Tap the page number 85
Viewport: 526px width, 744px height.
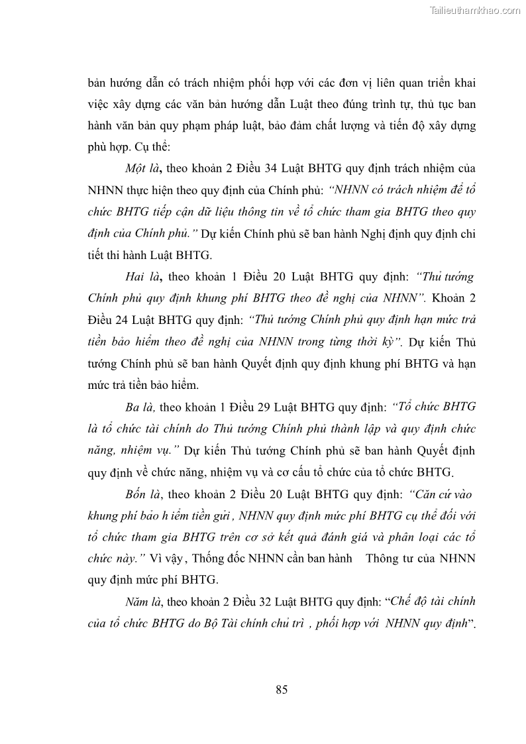282,690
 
